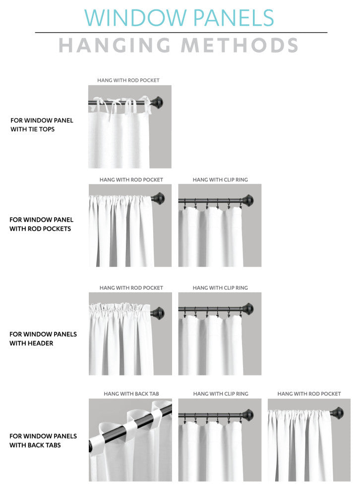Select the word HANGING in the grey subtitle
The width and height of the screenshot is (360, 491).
tap(115, 45)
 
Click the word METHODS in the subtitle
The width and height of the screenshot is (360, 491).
tap(240, 45)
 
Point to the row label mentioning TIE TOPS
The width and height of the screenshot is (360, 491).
tap(42, 124)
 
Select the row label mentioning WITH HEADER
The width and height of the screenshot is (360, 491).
tap(43, 339)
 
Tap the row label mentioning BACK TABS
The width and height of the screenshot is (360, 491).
tap(43, 440)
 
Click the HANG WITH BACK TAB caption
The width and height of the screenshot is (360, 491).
tap(131, 394)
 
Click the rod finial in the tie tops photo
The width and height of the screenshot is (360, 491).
tap(158, 102)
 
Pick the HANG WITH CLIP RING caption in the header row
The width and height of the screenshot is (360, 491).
tap(220, 288)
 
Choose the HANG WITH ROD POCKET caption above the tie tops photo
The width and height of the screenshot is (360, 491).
tap(128, 80)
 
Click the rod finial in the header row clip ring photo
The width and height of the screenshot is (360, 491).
tap(247, 309)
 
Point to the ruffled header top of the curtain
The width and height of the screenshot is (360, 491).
tap(120, 308)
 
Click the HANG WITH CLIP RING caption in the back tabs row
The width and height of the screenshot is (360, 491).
tap(221, 394)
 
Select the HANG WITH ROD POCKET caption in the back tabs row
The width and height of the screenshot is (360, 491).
tap(309, 394)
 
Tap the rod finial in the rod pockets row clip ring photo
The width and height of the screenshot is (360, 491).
tap(247, 200)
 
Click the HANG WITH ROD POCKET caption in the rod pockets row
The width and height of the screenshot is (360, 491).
tap(131, 180)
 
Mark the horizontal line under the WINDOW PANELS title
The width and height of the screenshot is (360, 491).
tap(181, 32)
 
